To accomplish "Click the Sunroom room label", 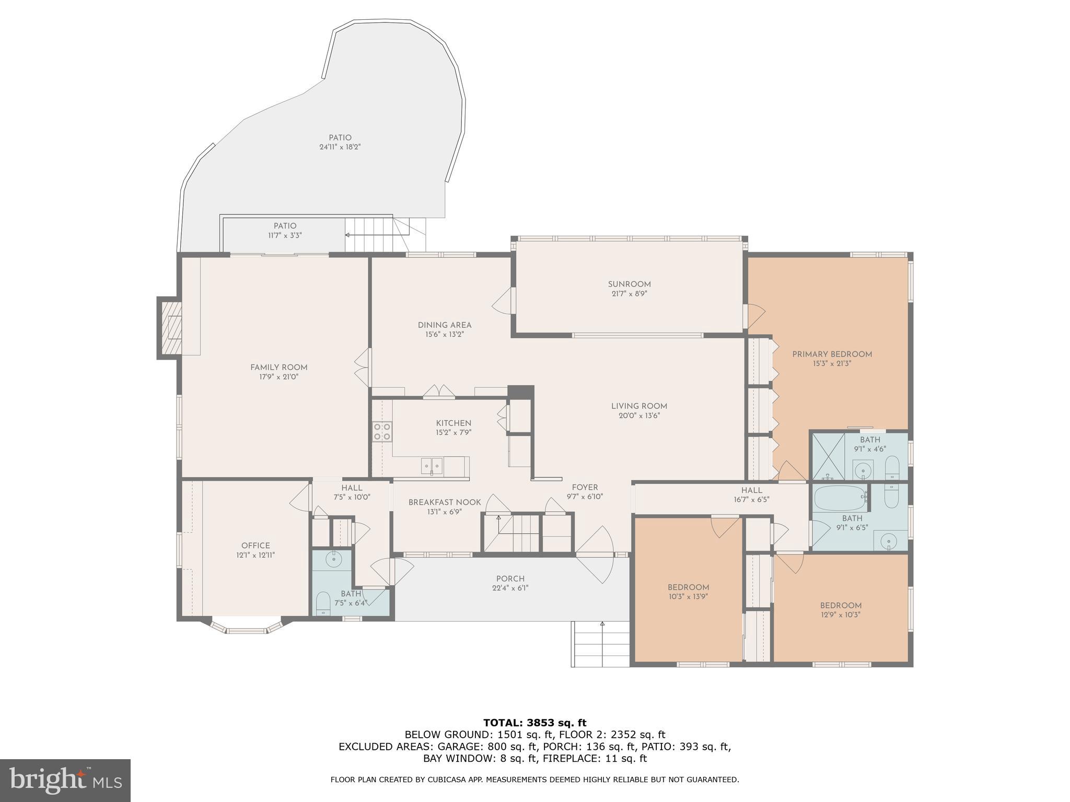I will (x=629, y=284).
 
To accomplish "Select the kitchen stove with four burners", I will (x=382, y=431).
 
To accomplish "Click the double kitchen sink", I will (x=432, y=465).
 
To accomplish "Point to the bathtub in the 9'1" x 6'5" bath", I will (x=840, y=498).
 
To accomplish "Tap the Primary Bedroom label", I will (x=832, y=354).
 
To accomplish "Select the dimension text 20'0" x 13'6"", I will (x=639, y=416).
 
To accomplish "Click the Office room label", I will (x=255, y=546).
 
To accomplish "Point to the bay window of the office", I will (x=247, y=628).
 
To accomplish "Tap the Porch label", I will (x=510, y=579).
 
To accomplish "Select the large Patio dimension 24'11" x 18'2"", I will (x=340, y=147).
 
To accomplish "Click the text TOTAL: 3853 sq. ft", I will (x=534, y=723).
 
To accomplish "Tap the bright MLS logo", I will (x=65, y=780).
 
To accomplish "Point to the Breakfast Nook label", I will (x=444, y=502).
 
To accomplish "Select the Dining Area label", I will (x=444, y=325).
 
